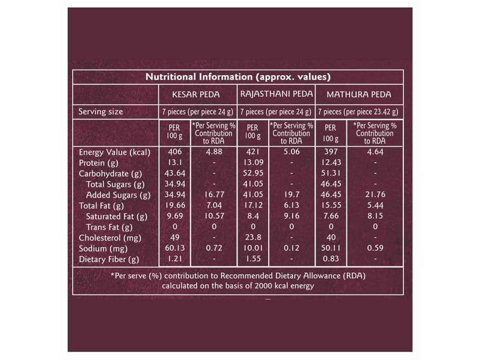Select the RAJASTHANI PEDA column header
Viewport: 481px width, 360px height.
point(276,94)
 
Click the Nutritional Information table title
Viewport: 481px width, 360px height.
point(239,77)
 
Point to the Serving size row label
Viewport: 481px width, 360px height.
point(101,112)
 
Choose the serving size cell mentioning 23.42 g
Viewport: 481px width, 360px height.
point(357,112)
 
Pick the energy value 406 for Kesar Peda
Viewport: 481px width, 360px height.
point(174,152)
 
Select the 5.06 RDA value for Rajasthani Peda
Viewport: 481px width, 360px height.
point(292,152)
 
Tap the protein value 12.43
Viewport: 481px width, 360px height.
point(330,163)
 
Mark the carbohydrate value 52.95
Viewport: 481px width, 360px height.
point(253,174)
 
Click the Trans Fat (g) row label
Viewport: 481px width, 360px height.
point(109,227)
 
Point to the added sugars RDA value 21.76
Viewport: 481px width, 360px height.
point(375,195)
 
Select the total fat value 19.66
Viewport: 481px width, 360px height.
point(174,206)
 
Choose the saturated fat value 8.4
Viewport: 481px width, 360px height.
point(253,216)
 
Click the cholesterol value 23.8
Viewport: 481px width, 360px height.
point(253,238)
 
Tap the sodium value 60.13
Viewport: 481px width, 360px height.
point(174,249)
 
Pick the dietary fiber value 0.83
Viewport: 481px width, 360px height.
point(330,260)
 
